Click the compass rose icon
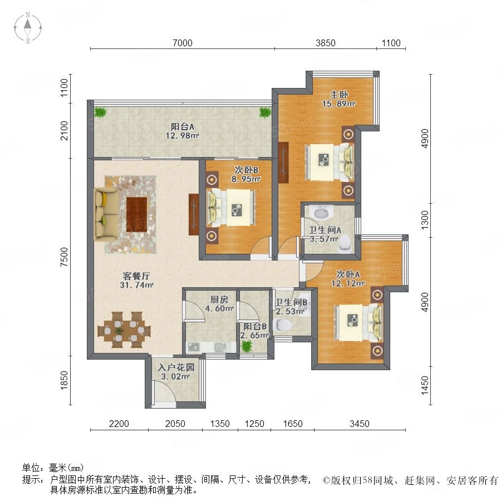click(x=28, y=28)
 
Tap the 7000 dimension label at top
click(x=183, y=43)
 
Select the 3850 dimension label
click(x=326, y=43)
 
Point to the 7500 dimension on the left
click(x=65, y=257)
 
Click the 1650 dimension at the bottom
click(x=293, y=424)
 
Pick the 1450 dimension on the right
click(x=425, y=385)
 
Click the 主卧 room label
click(x=338, y=95)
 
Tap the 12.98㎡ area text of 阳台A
click(x=183, y=135)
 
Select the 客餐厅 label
click(x=136, y=276)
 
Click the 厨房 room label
click(x=219, y=299)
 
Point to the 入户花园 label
click(x=176, y=367)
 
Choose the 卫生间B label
click(x=291, y=302)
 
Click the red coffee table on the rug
click(x=137, y=214)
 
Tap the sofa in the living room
click(x=106, y=213)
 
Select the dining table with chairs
click(x=124, y=330)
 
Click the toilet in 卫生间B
click(x=283, y=325)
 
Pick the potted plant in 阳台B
click(x=247, y=346)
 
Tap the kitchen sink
click(x=220, y=347)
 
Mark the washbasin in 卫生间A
click(x=321, y=212)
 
